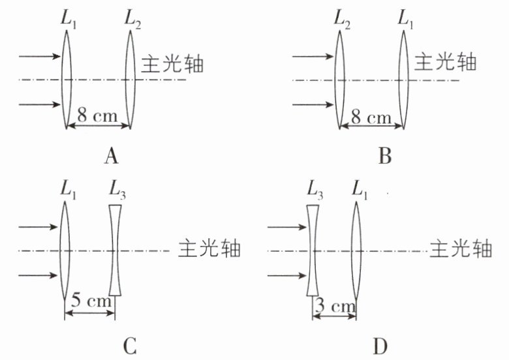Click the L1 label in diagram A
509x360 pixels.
(x=69, y=20)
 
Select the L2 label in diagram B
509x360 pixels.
(x=342, y=20)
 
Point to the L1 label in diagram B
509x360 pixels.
(x=406, y=20)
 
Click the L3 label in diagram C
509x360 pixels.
(x=117, y=190)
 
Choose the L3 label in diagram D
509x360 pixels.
(x=315, y=190)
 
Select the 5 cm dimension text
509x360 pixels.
(x=91, y=300)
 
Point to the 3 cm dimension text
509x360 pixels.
(x=335, y=305)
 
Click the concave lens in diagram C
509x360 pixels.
(x=115, y=250)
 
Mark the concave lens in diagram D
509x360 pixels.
(x=313, y=250)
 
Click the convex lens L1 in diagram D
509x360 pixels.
(x=356, y=250)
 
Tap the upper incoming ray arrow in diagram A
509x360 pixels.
(x=40, y=57)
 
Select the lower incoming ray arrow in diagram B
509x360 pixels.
(x=313, y=104)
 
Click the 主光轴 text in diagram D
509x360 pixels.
(x=461, y=249)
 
